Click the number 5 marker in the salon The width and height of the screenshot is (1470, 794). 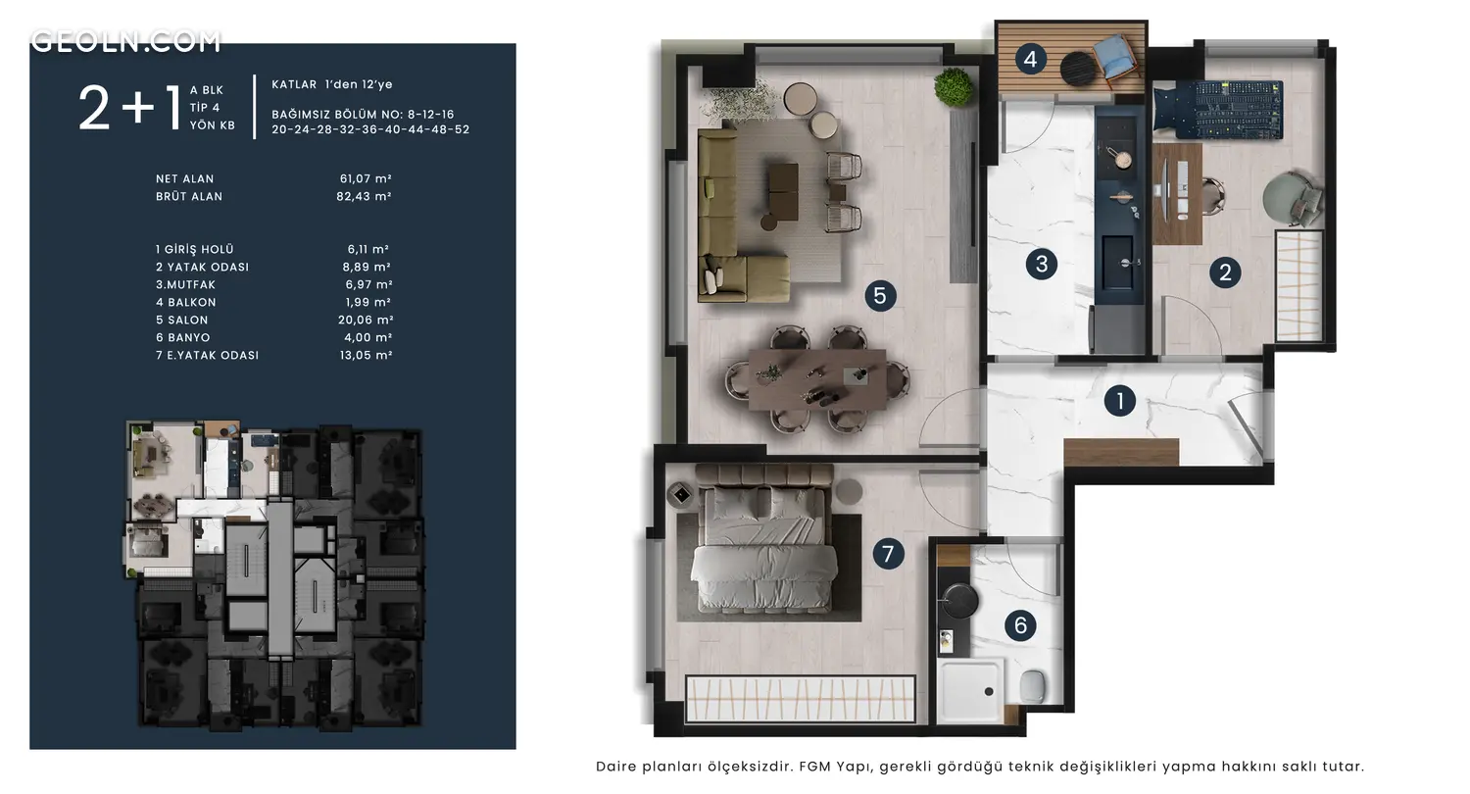tap(880, 296)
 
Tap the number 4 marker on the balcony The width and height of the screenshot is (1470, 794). tap(1030, 60)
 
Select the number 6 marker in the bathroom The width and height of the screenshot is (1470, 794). tap(1020, 625)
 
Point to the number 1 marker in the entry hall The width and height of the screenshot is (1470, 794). tap(1119, 400)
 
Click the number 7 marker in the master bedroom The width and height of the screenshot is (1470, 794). tap(888, 554)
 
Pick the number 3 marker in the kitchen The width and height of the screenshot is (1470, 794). tap(1042, 265)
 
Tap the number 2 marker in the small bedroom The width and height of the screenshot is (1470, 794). tap(1225, 273)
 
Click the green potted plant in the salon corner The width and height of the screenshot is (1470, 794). tap(953, 86)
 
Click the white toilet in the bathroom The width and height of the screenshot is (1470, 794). tap(1032, 685)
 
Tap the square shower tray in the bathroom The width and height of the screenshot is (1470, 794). tap(970, 691)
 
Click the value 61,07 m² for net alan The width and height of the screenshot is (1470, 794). tap(366, 178)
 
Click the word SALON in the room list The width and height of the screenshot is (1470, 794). tap(188, 321)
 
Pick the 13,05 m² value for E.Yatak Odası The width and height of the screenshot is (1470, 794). tap(367, 355)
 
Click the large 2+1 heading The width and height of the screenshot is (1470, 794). tap(129, 108)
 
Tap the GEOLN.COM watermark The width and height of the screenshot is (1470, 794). tap(126, 41)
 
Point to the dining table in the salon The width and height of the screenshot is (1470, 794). tap(817, 380)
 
